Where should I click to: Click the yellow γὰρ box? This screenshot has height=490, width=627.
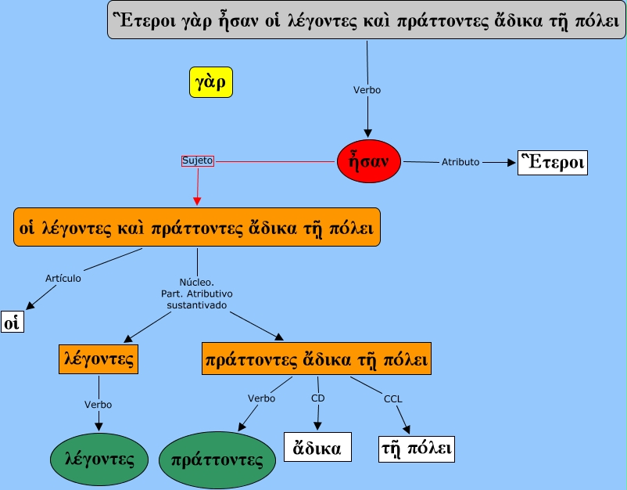(212, 81)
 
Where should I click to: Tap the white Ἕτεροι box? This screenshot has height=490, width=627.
(552, 162)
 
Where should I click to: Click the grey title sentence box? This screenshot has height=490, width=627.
(367, 21)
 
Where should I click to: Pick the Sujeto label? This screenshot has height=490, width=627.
(197, 160)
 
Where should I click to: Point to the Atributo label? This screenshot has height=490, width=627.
(460, 162)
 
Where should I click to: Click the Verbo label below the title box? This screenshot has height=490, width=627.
(367, 90)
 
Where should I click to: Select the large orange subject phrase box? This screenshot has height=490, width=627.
(197, 228)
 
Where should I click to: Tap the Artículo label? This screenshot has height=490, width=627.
(63, 277)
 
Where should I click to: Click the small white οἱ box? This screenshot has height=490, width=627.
(13, 321)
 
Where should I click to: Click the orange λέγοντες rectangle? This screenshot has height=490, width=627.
(98, 358)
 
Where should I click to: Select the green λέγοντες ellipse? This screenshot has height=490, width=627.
(99, 459)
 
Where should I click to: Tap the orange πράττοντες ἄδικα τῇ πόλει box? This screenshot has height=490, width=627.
(316, 359)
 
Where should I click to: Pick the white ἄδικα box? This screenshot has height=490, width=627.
(317, 449)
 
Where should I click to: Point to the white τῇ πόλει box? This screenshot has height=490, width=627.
(416, 449)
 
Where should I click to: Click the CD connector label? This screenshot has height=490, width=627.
(317, 398)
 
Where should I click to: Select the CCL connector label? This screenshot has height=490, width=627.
(392, 399)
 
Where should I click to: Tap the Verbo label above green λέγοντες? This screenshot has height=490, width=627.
(98, 405)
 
